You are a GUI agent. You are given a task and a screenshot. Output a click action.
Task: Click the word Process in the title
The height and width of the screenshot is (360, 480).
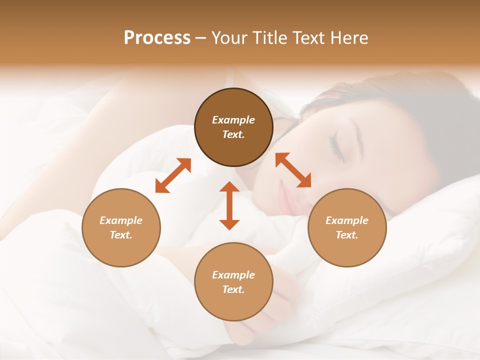click(157, 38)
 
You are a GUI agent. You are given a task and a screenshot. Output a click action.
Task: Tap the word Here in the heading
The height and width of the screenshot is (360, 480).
click(348, 38)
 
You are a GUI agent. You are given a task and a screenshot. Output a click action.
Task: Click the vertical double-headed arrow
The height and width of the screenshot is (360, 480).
click(229, 205)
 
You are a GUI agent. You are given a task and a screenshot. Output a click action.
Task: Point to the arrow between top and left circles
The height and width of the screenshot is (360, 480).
click(173, 175)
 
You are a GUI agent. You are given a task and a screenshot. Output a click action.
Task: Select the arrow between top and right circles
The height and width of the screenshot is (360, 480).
click(293, 170)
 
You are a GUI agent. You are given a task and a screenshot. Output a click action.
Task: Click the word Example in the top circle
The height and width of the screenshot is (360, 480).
click(233, 120)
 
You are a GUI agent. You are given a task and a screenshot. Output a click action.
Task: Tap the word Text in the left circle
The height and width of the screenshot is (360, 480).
click(121, 235)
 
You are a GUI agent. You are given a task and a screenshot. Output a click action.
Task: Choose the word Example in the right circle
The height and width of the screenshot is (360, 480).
click(347, 220)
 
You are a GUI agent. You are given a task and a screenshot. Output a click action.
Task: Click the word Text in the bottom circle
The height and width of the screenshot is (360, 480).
click(233, 289)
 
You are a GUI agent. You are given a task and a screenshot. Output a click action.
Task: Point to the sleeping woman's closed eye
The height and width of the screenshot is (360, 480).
click(336, 148)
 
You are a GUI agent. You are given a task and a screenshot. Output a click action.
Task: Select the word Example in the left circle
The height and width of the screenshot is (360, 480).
click(121, 220)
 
